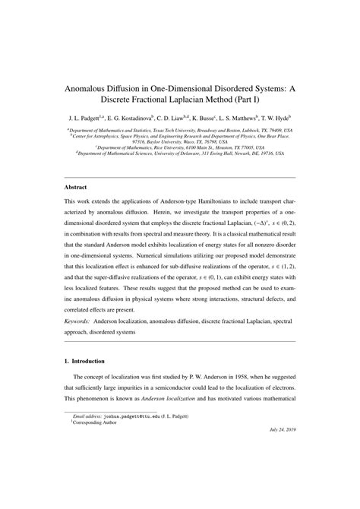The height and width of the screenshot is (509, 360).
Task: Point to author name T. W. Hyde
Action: pos(277,119)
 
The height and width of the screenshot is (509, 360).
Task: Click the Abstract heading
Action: pos(75,186)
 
